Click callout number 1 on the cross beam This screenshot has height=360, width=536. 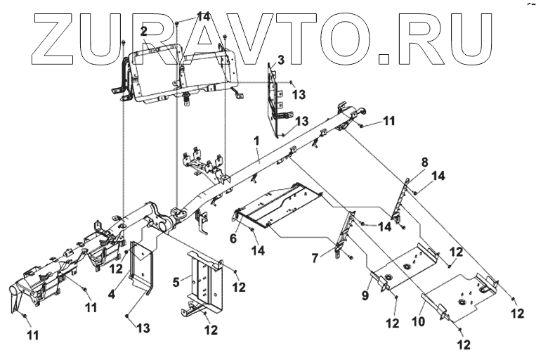coord(257,141)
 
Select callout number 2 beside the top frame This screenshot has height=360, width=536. coord(143,31)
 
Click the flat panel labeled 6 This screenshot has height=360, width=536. coord(274,207)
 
